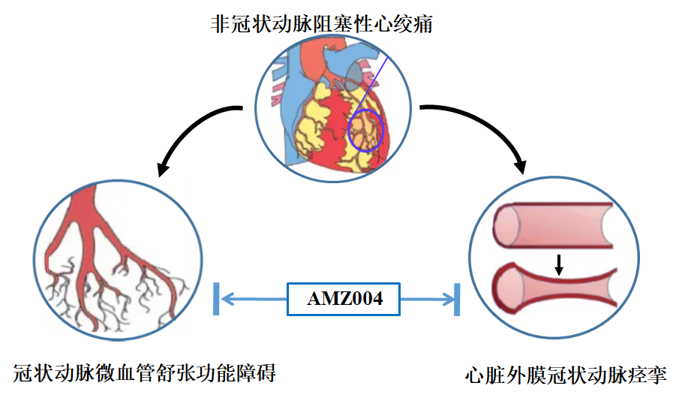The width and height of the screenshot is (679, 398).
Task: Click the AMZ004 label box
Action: [345, 299]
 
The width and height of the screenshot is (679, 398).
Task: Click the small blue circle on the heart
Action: [365, 129]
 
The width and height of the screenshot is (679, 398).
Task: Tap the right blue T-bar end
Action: [457, 300]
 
